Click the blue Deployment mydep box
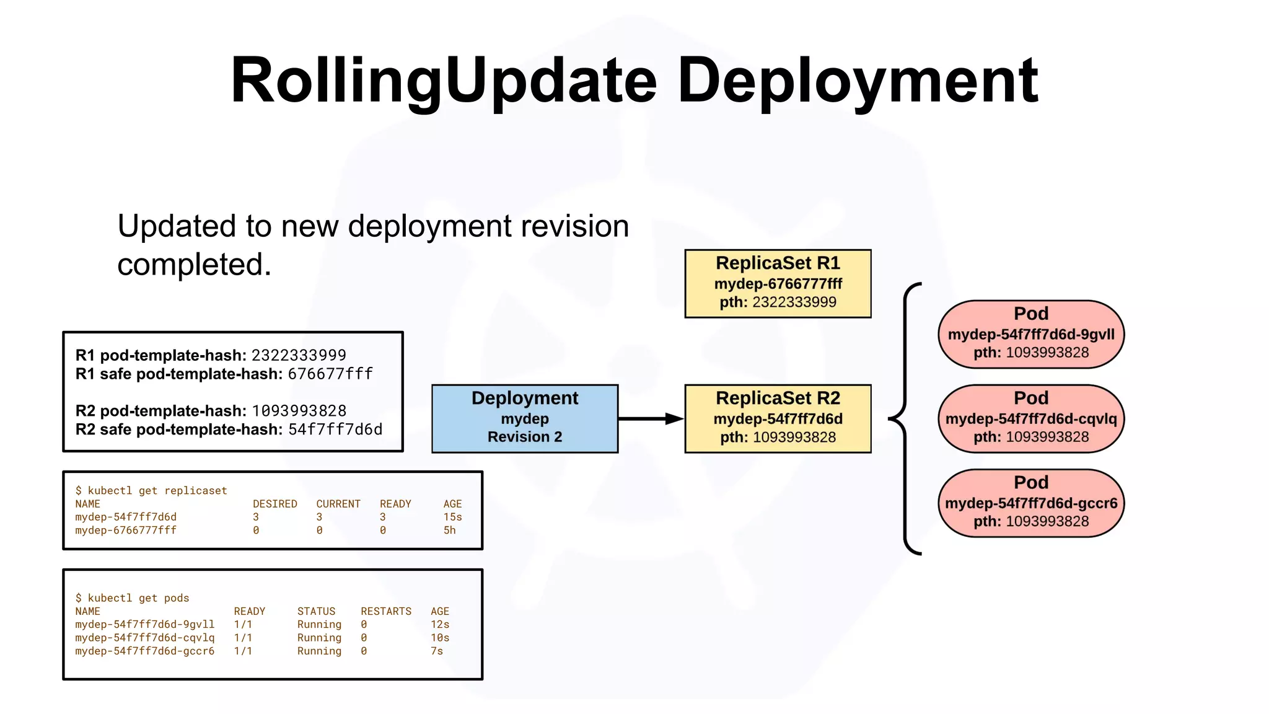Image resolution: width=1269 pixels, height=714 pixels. coord(524,418)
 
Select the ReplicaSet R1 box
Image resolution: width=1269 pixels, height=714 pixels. coord(778,284)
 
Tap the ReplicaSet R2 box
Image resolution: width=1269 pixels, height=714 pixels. coord(778,418)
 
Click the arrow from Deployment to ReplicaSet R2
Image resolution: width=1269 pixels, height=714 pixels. coord(651,419)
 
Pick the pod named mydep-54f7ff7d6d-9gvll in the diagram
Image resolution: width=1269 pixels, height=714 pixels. coord(1031,334)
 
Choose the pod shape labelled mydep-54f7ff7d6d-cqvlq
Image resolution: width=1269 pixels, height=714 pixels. coord(1031,418)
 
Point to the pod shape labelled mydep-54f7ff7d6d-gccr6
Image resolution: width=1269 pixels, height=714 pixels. coord(1031,503)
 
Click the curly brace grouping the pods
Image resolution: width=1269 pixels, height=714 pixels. coord(905,419)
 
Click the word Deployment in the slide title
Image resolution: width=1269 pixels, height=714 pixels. coord(858,81)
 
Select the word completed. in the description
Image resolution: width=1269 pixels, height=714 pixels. coord(195,265)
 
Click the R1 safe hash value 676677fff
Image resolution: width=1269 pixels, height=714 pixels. coord(330,374)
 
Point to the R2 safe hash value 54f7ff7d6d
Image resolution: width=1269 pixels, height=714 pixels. coord(335,430)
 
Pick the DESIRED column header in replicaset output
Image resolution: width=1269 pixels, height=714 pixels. coord(274,504)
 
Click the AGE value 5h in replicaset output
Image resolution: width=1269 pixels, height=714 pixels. coord(449,531)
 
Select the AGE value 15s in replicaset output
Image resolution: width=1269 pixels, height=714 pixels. coord(452,517)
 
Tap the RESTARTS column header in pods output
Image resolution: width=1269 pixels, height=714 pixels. coord(386,611)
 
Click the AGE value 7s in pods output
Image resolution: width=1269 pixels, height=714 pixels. coord(437,651)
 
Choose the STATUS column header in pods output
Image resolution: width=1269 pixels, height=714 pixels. coord(316,611)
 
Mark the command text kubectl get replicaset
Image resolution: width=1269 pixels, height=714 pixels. coord(157,490)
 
